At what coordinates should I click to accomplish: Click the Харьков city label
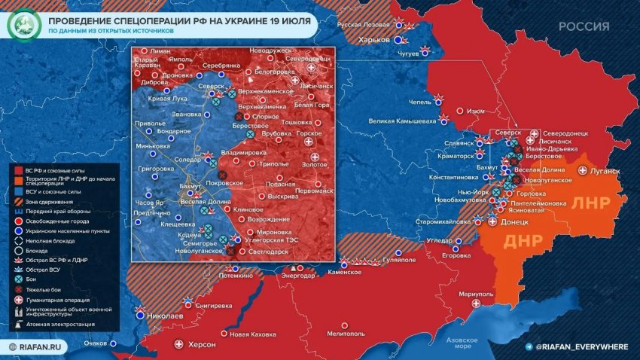pos(374,39)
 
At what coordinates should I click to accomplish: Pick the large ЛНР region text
pos(596,204)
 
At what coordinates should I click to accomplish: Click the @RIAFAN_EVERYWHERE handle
pos(582,346)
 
